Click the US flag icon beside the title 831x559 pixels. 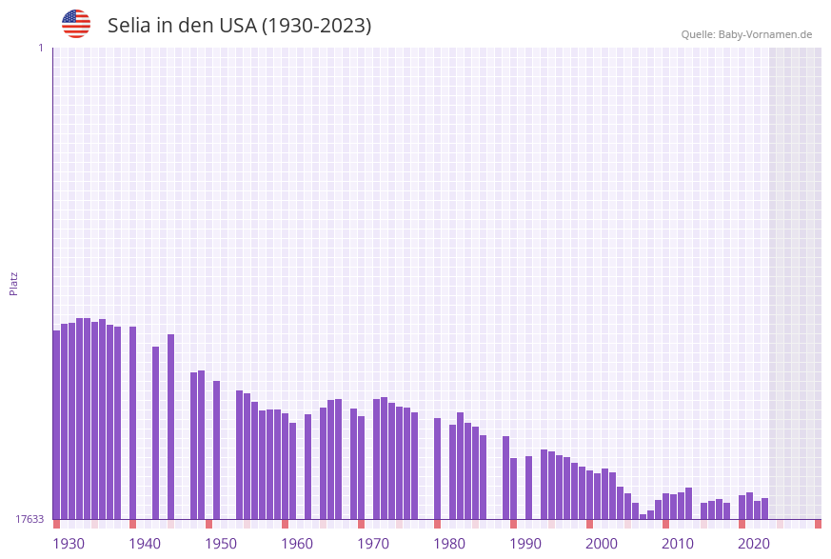76,24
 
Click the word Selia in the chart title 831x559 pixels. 129,26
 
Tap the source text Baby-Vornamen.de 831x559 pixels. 765,34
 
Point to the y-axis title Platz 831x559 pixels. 14,283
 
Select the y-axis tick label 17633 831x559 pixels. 30,519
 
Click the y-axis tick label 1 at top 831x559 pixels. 40,48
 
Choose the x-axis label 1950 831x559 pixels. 221,544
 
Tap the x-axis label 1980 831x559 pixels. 449,544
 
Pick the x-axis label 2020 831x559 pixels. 754,544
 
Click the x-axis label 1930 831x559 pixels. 69,544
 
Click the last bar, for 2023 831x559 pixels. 764,509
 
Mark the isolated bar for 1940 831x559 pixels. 132,423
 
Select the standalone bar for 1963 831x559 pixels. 307,467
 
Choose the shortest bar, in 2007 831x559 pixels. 643,516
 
